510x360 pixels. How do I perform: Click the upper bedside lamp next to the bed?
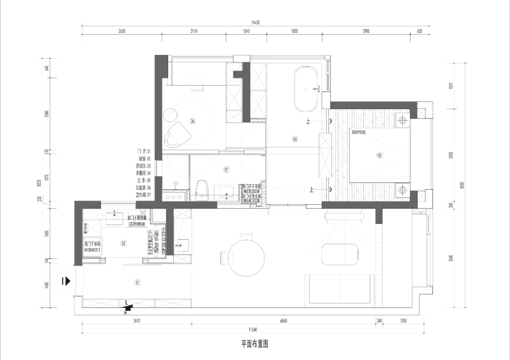point(402,120)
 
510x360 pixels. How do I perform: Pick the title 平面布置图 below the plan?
point(255,344)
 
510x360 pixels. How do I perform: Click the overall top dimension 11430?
point(255,22)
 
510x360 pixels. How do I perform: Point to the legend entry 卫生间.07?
point(142,194)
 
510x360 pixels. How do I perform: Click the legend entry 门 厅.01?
point(143,151)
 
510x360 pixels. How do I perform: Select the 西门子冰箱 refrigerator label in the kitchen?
point(93,244)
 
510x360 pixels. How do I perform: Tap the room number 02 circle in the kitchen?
point(124,243)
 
